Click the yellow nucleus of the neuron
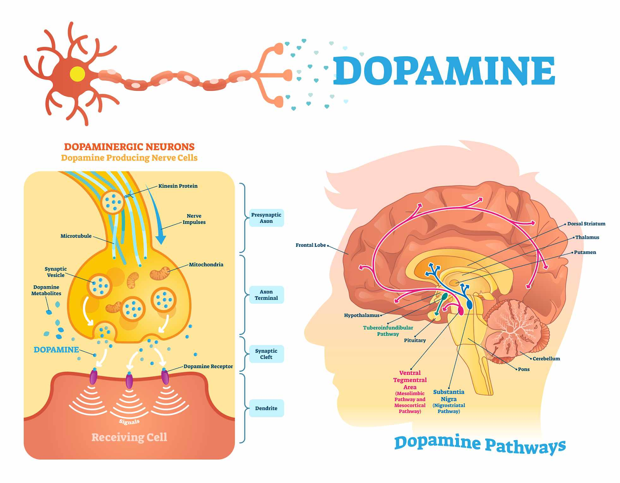coord(77,74)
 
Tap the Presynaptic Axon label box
coord(266,218)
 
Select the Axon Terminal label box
coord(266,295)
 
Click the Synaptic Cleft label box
coord(266,354)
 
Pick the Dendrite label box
coord(266,408)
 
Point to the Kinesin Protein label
coord(178,186)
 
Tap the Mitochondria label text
coord(206,265)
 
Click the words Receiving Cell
coord(129,437)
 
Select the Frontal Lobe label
coord(311,245)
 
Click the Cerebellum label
coord(546,358)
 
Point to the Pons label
coord(524,369)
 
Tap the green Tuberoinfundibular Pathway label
coord(388,331)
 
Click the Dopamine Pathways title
coord(480,445)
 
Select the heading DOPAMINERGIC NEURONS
coord(129,147)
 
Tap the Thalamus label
coord(587,237)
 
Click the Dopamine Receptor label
coord(208,366)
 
